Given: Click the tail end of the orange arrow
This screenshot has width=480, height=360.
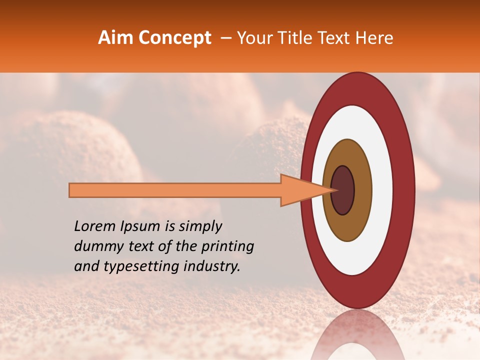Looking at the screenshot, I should [x=71, y=190].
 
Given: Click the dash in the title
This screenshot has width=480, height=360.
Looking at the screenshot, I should [x=225, y=38].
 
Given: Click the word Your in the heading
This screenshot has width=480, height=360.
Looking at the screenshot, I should [x=252, y=38].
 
